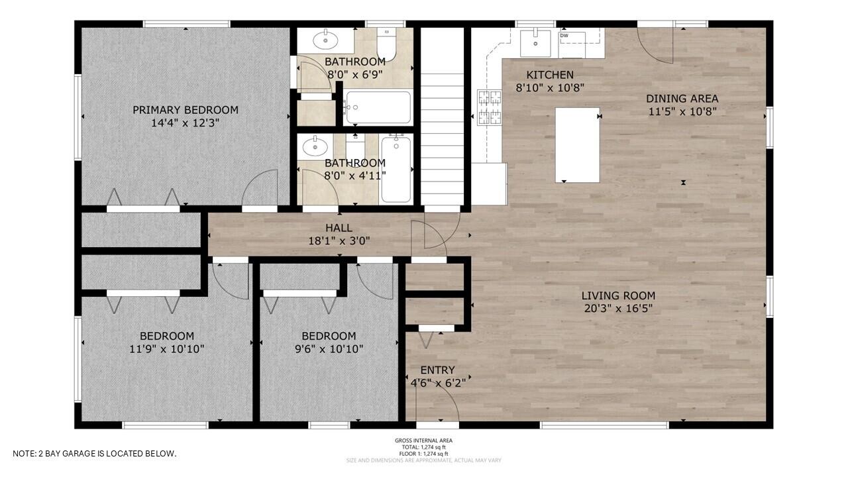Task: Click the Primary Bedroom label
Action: coord(185,110)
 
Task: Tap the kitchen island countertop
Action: coord(577,144)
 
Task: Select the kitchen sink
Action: coord(535,43)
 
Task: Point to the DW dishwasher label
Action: coord(564,36)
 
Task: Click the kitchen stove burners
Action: coord(489,107)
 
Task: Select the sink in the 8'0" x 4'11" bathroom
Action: coord(314,145)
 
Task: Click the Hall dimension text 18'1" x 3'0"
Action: coord(339,241)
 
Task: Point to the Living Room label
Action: coord(618,295)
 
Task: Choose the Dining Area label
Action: coord(682,99)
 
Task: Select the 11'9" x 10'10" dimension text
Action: coord(167,348)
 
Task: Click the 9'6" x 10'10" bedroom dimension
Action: coord(329,348)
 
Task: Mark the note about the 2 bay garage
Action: coord(95,454)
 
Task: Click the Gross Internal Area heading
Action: coord(423,441)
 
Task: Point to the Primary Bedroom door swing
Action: coord(260,189)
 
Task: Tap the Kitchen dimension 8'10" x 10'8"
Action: coord(549,87)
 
